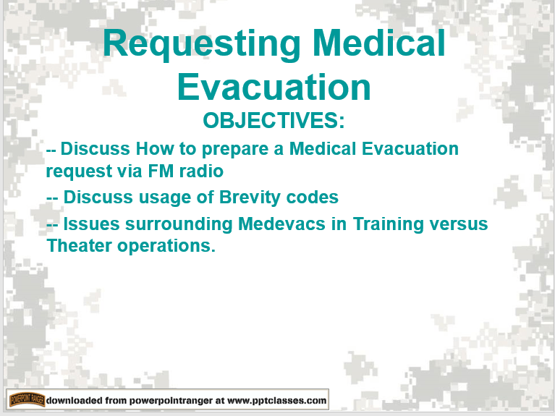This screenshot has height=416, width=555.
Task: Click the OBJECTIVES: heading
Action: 274,120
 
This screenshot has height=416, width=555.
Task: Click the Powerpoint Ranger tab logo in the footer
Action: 27,399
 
